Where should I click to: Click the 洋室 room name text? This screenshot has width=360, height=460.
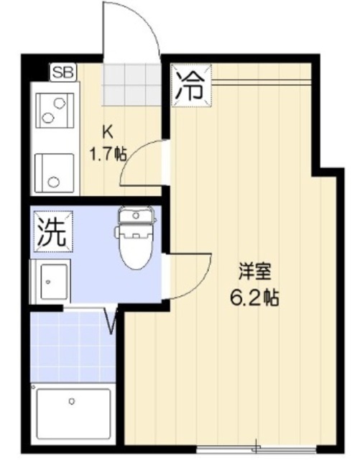tap(257, 273)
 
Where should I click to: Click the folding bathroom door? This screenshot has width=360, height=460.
tap(111, 321)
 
